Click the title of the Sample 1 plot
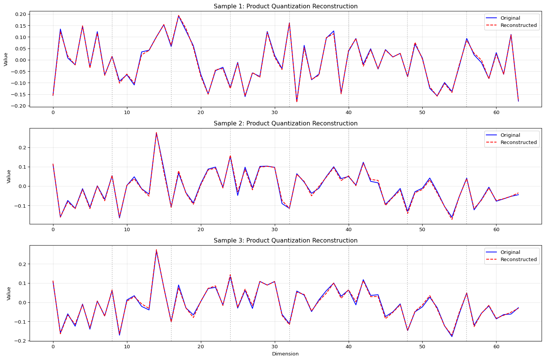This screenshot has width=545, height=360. [x=285, y=6]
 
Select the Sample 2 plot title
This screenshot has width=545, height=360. [x=285, y=124]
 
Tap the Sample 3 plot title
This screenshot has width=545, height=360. [x=285, y=241]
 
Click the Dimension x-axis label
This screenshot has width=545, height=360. [x=285, y=354]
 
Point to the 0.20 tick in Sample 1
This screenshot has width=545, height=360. [x=20, y=14]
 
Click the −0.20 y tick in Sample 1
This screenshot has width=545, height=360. [x=19, y=106]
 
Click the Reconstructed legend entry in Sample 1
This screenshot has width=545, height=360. [x=518, y=25]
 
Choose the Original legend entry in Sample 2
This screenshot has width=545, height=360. [x=510, y=135]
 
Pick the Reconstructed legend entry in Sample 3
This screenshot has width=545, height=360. [x=518, y=260]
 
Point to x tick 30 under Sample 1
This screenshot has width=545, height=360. [x=274, y=112]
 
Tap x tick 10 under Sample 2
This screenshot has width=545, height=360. [x=127, y=229]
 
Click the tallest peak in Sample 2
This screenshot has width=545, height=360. [x=156, y=133]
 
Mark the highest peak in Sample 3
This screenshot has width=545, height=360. [x=156, y=250]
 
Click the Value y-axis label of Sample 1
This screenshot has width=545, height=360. [x=6, y=59]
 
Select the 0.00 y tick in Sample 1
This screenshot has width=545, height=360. [x=20, y=60]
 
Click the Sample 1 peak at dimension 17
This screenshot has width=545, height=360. [x=179, y=16]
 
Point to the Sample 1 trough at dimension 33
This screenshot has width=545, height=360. [x=297, y=101]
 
